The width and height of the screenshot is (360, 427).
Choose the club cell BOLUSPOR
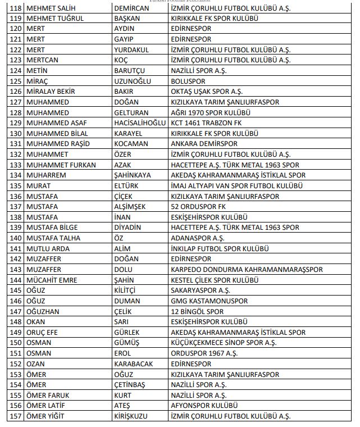(x=188, y=81)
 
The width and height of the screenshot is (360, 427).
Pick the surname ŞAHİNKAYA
(x=132, y=175)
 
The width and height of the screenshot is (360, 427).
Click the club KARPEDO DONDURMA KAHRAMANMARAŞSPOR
(x=247, y=269)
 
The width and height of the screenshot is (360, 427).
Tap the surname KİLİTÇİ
(x=126, y=290)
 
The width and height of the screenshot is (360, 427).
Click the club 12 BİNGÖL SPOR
(x=197, y=311)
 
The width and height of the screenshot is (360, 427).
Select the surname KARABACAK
(x=133, y=364)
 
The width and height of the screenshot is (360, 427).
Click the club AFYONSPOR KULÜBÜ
(x=204, y=406)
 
